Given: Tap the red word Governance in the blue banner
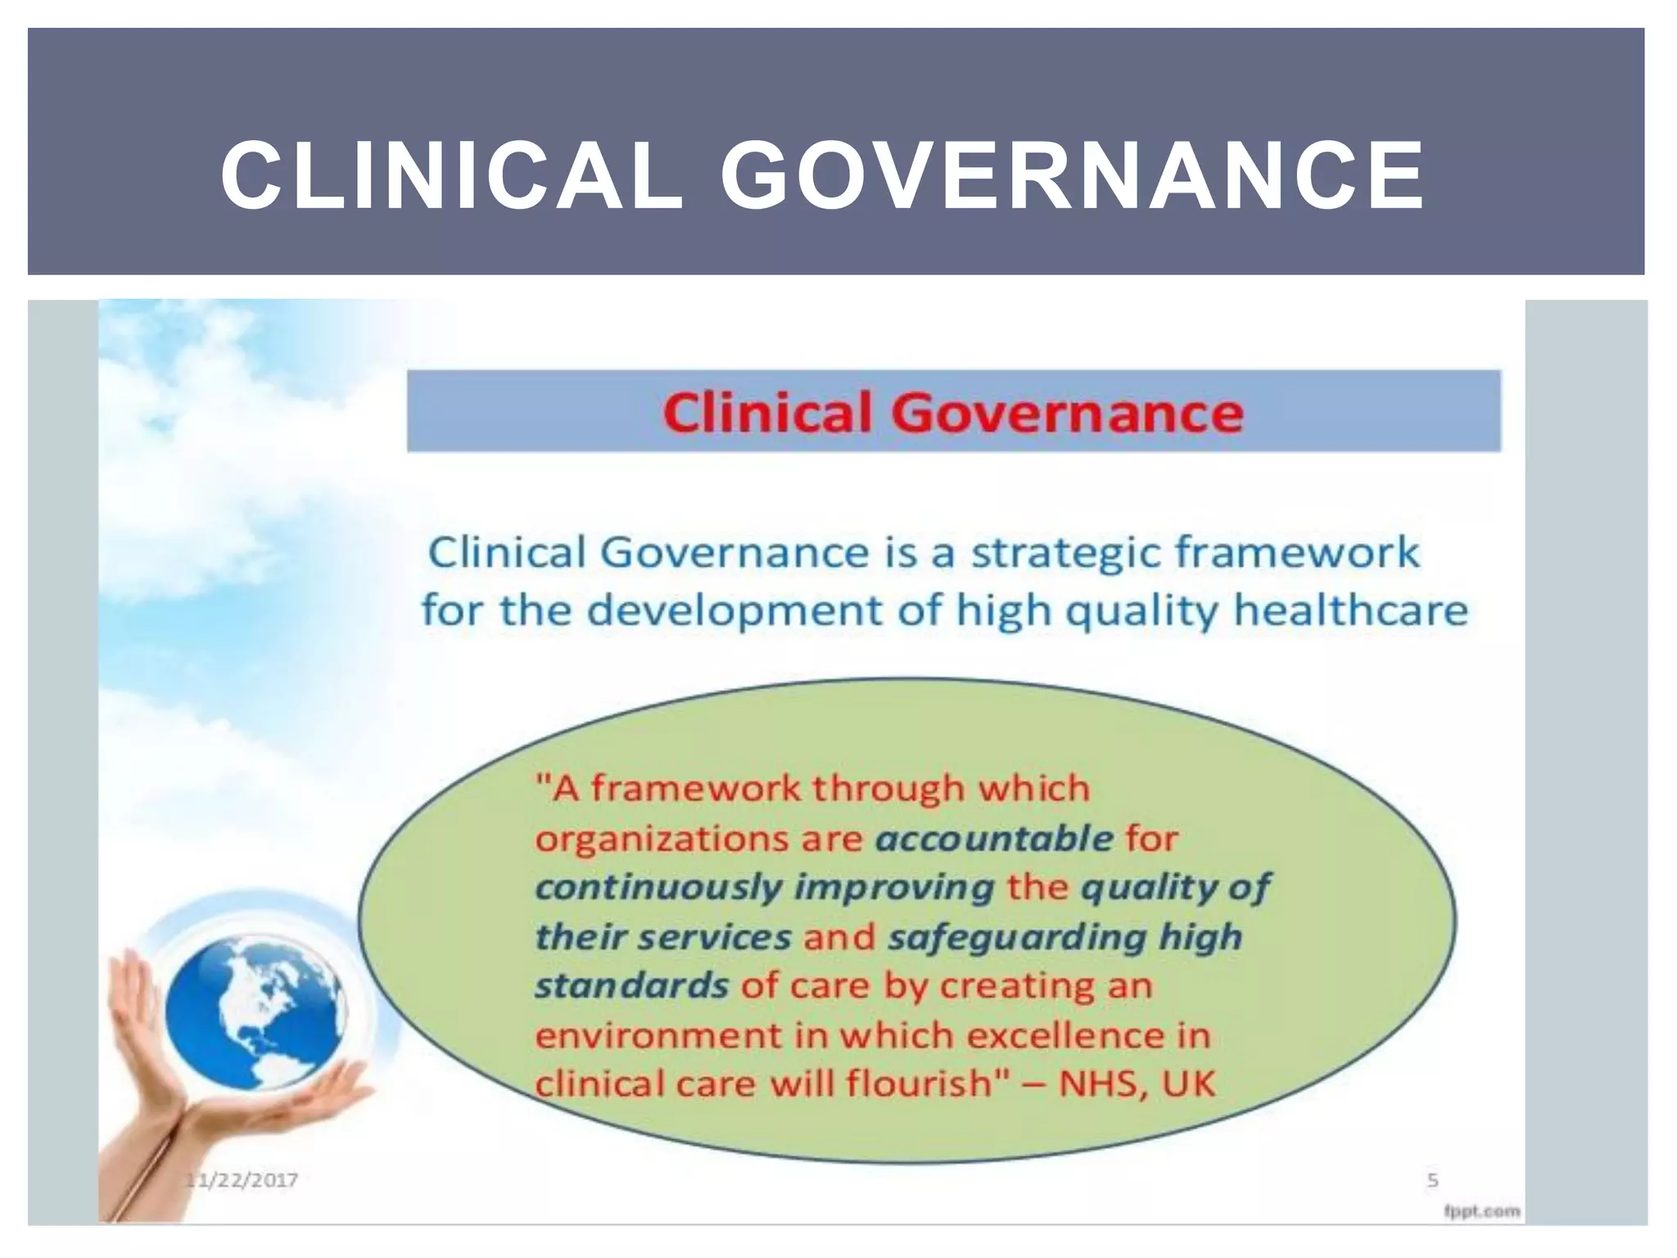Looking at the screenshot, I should tap(1067, 412).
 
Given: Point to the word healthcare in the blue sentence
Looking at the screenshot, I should tap(1350, 611).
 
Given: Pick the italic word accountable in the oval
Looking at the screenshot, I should tap(994, 838).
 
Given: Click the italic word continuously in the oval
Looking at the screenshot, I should tap(659, 888).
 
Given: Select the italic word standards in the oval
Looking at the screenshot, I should tap(631, 986).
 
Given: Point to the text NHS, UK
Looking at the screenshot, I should tap(1137, 1084).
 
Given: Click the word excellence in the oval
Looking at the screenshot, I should tap(1065, 1035).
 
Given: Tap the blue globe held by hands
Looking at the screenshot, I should tap(257, 1009).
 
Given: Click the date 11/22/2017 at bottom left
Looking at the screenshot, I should tap(242, 1180).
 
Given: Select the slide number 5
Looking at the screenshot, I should tap(1432, 1180).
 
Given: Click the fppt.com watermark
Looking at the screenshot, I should tap(1481, 1210).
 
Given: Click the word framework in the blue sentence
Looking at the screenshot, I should tap(1298, 552).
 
